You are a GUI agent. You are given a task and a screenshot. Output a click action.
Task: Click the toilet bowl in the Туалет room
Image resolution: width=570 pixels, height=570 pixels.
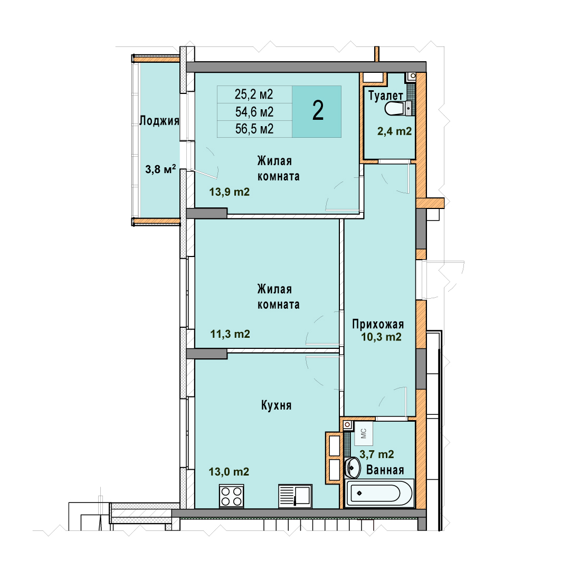click(x=395, y=109)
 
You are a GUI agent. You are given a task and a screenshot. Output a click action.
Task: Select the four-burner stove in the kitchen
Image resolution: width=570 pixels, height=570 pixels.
click(x=232, y=496)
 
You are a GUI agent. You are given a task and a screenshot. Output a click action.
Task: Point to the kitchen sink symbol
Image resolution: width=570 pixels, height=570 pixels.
click(x=295, y=496)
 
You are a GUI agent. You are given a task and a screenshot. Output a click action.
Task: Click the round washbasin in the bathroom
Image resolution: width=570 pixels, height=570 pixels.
click(x=352, y=468)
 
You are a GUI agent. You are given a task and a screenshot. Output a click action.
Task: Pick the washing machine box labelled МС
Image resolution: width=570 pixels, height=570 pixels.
click(x=364, y=433)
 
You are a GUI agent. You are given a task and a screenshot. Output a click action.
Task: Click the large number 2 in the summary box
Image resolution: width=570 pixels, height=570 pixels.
click(x=318, y=111)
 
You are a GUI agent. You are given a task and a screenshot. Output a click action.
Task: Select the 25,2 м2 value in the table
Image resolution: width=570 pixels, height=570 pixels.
click(x=254, y=94)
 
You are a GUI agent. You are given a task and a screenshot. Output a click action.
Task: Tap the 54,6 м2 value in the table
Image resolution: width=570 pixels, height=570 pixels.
click(x=254, y=112)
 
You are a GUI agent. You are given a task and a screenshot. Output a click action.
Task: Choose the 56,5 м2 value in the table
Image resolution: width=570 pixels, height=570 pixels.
click(x=254, y=129)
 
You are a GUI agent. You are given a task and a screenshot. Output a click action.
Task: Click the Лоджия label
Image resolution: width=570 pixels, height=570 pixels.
click(x=159, y=121)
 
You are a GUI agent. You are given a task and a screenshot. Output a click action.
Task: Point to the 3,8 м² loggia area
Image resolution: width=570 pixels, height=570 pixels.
click(x=160, y=169)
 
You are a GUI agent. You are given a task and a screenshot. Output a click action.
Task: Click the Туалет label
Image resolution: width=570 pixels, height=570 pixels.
click(x=386, y=96)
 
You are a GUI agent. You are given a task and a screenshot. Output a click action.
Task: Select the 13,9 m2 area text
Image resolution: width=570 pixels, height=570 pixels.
click(x=230, y=192)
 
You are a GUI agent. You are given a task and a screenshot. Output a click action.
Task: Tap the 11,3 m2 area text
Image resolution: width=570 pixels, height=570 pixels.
click(x=230, y=334)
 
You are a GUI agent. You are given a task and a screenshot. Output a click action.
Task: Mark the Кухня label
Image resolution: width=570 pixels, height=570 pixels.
click(x=276, y=405)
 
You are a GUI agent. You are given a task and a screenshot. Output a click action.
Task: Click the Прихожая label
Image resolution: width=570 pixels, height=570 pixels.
click(x=378, y=324)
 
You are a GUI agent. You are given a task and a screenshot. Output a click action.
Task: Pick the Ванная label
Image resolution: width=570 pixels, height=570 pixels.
click(x=385, y=470)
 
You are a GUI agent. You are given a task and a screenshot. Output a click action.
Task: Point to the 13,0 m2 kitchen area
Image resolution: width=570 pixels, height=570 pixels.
click(x=229, y=471)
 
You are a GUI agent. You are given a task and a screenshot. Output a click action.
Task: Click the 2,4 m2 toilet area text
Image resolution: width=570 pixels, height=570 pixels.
click(x=394, y=131)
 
